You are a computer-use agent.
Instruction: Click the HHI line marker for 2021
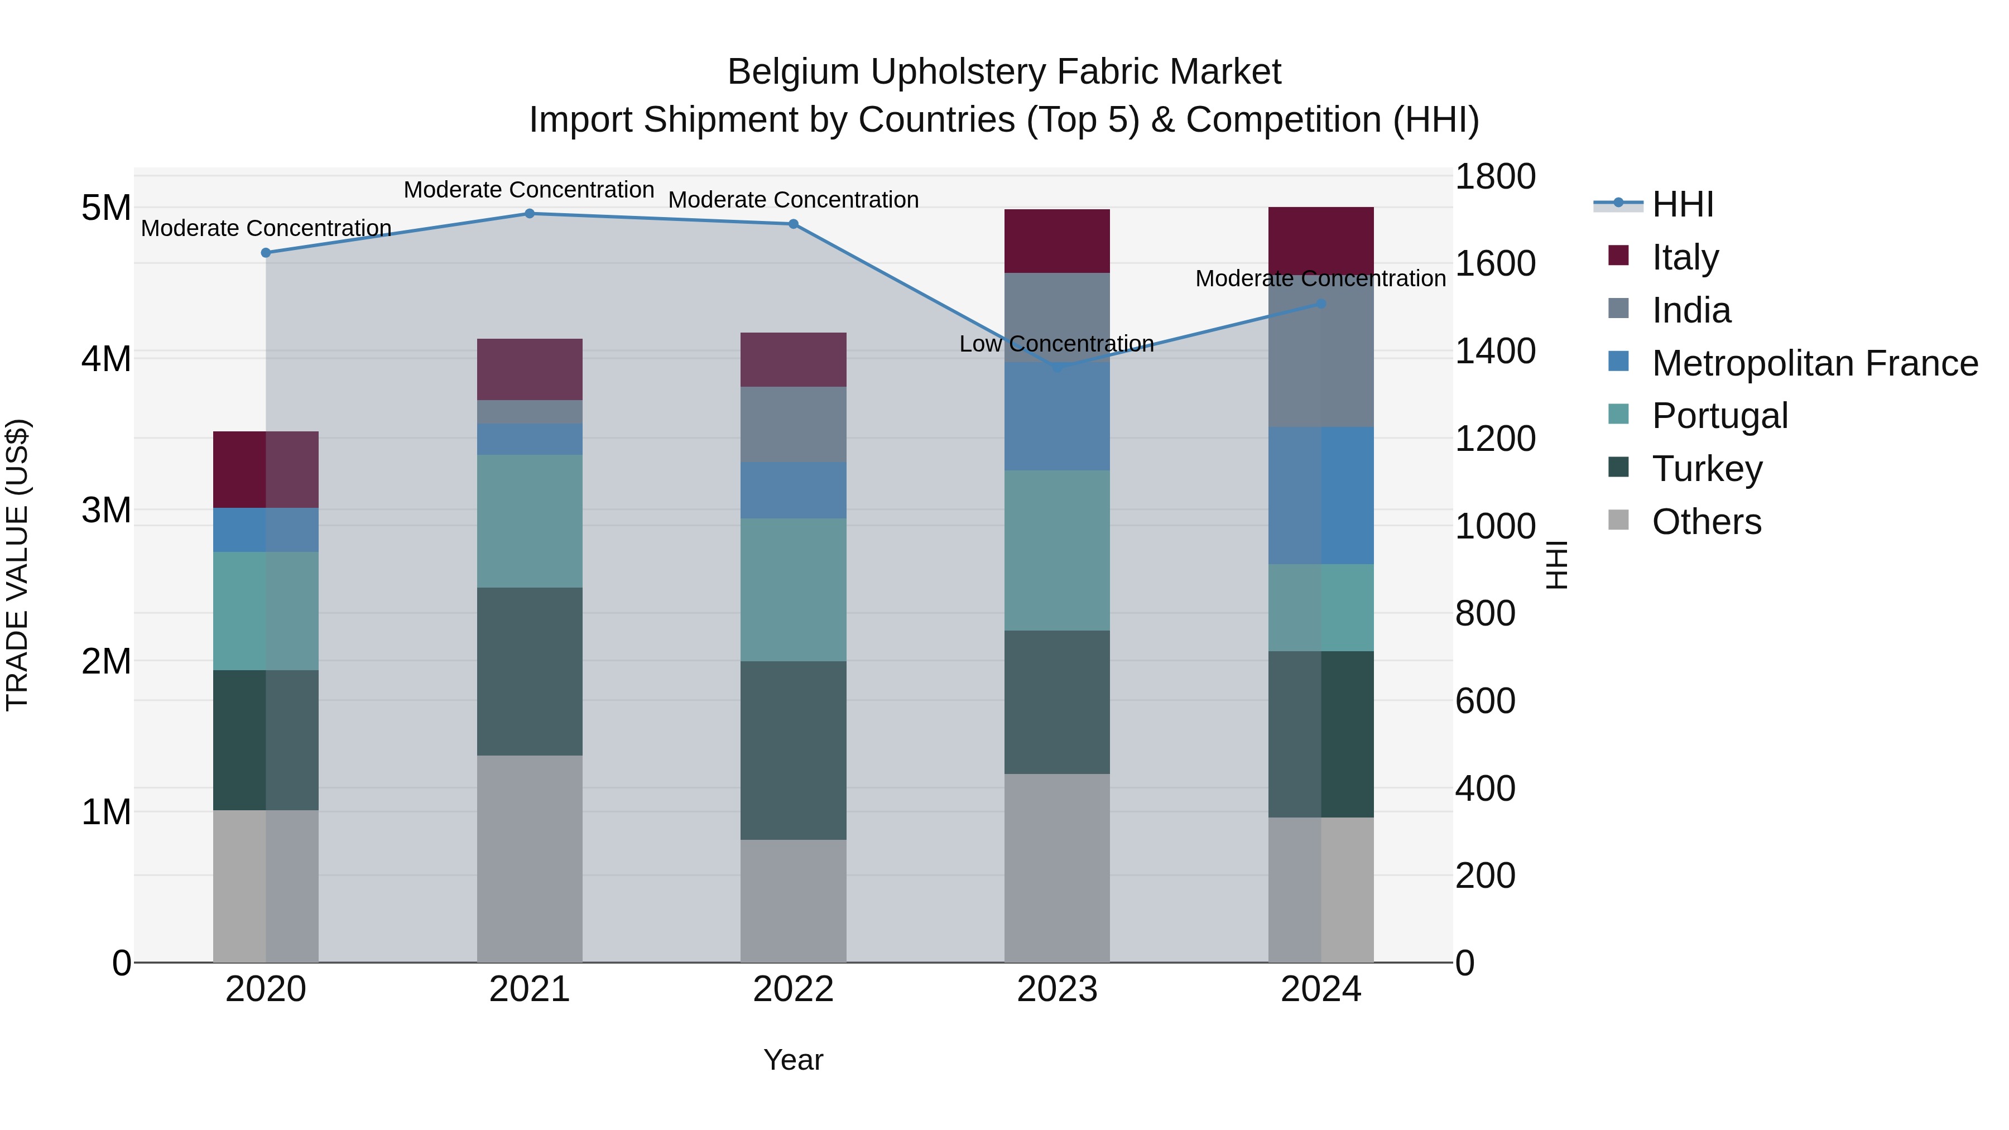tap(530, 214)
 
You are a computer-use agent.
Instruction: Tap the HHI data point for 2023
tap(1058, 367)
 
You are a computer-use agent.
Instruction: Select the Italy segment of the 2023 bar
tap(1057, 241)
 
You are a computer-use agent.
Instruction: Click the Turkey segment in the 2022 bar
tap(793, 750)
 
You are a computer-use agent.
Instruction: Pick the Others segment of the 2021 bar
tap(530, 858)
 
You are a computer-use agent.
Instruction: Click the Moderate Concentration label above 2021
tap(529, 190)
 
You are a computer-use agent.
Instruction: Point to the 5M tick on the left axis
tap(106, 208)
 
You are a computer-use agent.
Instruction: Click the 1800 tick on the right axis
tap(1495, 176)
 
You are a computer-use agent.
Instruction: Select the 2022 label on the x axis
tap(793, 989)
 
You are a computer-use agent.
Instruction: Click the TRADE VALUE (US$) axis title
tap(17, 565)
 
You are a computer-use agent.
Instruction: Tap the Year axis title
tap(793, 1060)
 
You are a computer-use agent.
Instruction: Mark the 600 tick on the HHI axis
tap(1485, 700)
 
